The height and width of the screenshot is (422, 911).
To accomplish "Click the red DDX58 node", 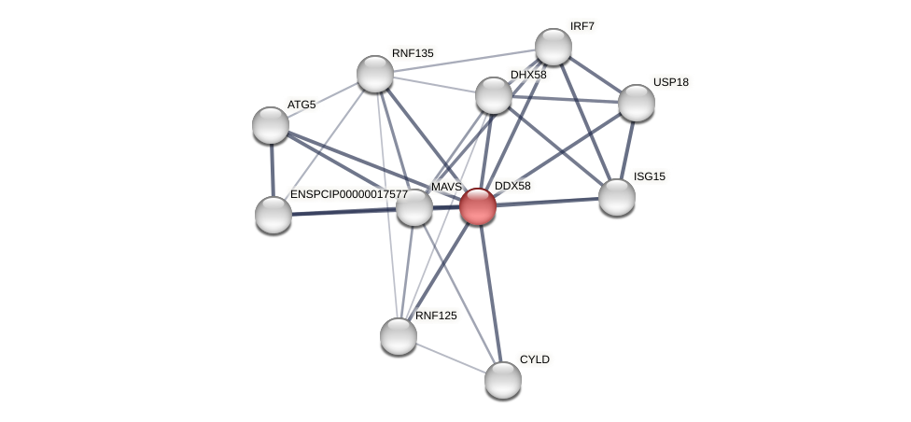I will click(x=478, y=206).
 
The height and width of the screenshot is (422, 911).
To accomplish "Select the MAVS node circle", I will click(x=414, y=207).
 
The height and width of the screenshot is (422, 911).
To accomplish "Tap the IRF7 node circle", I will click(x=554, y=47).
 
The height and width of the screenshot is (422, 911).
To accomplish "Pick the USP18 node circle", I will click(x=637, y=103).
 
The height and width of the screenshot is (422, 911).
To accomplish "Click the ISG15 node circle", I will click(x=617, y=197).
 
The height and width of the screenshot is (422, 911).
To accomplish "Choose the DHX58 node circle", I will click(x=494, y=95).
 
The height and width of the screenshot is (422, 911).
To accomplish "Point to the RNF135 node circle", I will click(x=375, y=74).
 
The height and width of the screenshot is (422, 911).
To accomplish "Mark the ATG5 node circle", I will click(x=271, y=125).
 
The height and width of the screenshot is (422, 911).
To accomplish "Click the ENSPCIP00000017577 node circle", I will click(x=273, y=215).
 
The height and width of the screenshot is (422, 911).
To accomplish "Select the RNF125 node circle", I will click(x=399, y=336).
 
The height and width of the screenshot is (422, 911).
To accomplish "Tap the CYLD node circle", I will click(x=503, y=380).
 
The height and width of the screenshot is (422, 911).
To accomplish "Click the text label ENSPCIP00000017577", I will click(x=348, y=194).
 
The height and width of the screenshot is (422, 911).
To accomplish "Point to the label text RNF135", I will click(x=413, y=53).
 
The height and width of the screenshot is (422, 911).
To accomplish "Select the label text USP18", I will click(x=670, y=82).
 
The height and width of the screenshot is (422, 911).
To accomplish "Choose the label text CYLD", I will click(x=535, y=359).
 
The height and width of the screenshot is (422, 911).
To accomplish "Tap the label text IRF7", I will click(x=582, y=26).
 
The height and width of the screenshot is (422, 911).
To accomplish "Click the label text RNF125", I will click(x=436, y=316).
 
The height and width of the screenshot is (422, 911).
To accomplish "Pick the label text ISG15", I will click(x=650, y=176).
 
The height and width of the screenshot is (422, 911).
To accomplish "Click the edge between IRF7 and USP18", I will click(x=595, y=75).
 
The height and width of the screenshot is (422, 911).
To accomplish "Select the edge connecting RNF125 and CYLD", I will click(x=451, y=359).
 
